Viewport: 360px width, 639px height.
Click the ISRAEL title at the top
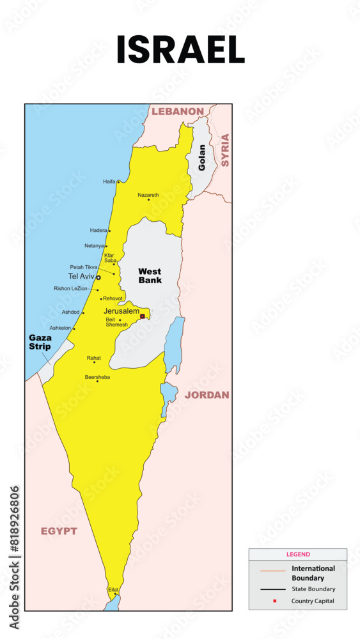click(x=180, y=50)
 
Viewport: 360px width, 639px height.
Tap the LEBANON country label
click(x=178, y=111)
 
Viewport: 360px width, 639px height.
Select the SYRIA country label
click(x=224, y=150)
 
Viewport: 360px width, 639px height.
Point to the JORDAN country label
click(x=207, y=395)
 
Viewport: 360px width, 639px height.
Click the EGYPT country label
click(x=59, y=531)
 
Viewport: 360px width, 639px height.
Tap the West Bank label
click(x=150, y=275)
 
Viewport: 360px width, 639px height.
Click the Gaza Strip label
click(x=40, y=342)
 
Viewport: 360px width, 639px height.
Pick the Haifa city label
click(x=109, y=181)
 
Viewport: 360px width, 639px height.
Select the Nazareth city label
click(x=148, y=195)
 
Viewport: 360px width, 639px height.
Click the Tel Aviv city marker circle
click(x=98, y=277)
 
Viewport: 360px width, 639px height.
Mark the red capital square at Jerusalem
click(x=143, y=315)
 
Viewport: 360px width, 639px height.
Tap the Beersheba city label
click(x=97, y=377)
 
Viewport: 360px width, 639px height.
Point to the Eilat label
click(x=113, y=589)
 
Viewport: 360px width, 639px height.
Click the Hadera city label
click(x=98, y=230)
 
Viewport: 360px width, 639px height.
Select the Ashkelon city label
click(x=60, y=328)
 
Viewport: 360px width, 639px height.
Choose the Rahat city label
click(x=93, y=358)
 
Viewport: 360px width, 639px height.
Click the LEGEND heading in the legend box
click(x=298, y=555)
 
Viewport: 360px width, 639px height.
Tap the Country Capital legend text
click(x=313, y=601)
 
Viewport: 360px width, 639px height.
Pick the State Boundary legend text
click(x=313, y=589)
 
